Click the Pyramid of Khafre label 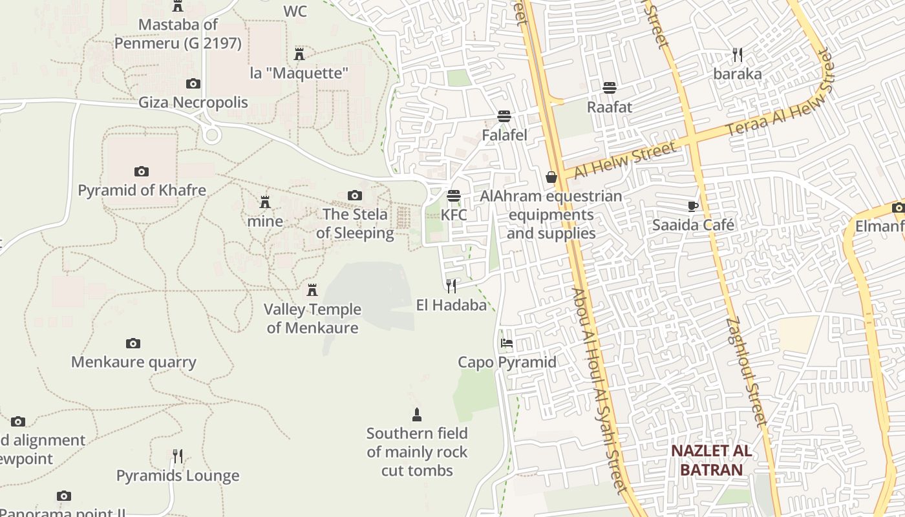[142, 191]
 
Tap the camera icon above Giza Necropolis [193, 83]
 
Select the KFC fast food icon [454, 195]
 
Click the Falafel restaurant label [504, 135]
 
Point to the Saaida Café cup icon [692, 206]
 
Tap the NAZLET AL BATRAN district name [711, 460]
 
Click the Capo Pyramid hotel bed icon [506, 343]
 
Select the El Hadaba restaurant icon [451, 286]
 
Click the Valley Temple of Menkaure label [312, 319]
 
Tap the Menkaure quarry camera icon [133, 343]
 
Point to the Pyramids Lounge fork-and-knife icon [177, 456]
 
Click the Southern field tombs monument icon [417, 414]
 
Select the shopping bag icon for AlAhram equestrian [551, 176]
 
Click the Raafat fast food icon [609, 87]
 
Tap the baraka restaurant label [738, 74]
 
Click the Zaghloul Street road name [745, 372]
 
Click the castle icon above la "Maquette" [299, 54]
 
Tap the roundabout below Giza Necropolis [210, 135]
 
